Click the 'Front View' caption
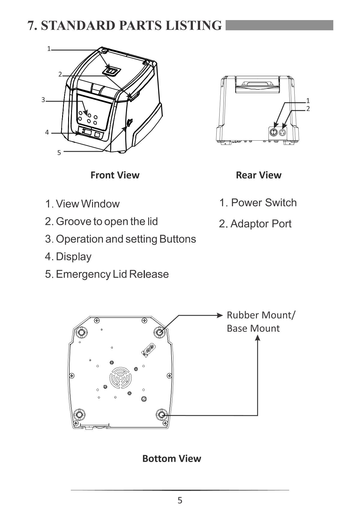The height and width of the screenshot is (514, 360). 115,175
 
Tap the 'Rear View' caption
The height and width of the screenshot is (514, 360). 259,175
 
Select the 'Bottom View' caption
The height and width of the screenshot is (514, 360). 172,458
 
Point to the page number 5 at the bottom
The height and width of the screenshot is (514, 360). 180,500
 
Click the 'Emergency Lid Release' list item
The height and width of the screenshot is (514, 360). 107,274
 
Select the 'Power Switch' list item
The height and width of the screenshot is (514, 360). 258,203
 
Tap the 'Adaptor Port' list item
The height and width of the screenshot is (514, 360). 255,224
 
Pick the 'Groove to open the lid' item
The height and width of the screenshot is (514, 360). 101,222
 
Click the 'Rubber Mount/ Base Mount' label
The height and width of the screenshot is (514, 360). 260,321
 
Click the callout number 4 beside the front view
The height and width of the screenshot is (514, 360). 47,132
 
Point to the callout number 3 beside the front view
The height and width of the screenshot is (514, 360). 43,100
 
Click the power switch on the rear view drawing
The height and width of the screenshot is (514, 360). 273,132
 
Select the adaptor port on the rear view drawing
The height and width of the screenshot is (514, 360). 282,132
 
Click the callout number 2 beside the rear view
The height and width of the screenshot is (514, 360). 308,109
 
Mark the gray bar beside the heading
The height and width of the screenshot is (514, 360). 279,25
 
